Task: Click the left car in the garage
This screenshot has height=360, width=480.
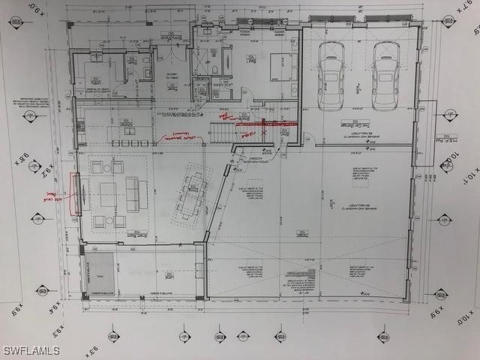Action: pos(331,74)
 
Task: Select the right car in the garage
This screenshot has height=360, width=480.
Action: pos(386,75)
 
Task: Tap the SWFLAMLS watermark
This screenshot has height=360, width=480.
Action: pos(32,350)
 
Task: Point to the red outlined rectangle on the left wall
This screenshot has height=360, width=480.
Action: pos(76,193)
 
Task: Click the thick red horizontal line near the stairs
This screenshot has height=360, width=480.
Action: pos(266,123)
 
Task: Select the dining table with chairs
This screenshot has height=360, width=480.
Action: pos(192,194)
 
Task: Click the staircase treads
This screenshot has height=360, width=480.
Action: pos(222,133)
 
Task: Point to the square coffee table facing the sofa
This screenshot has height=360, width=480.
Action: pos(108,194)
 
